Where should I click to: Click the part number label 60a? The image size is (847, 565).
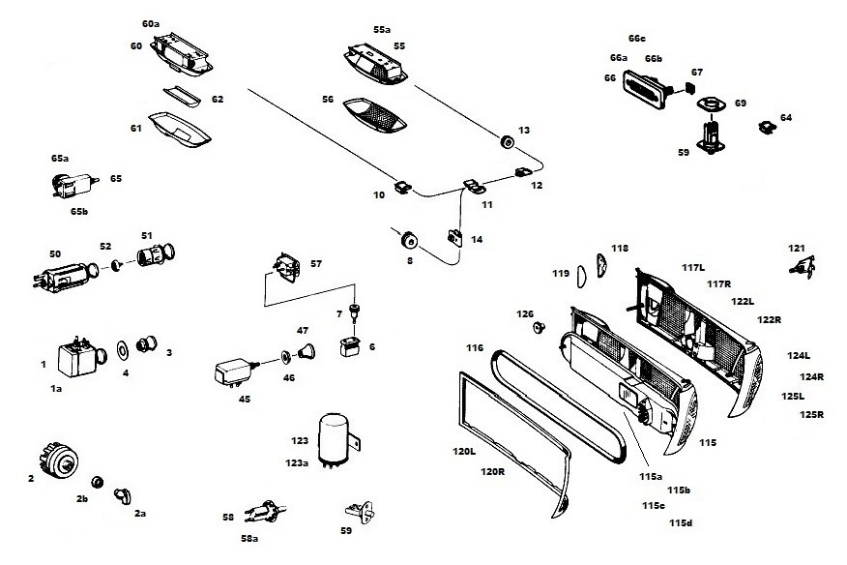[x=151, y=22]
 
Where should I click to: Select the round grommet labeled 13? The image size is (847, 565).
[x=505, y=142]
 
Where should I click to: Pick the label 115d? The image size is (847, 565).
[x=680, y=523]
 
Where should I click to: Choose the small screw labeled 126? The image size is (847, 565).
[x=539, y=328]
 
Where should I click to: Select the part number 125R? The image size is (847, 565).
[x=812, y=415]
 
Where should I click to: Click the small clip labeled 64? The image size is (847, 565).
[x=768, y=124]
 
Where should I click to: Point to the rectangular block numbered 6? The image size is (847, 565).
[x=349, y=346]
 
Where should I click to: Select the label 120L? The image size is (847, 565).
[x=464, y=452]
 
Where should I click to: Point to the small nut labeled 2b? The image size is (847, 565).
[x=98, y=481]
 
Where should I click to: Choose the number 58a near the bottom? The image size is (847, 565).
[x=248, y=538]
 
